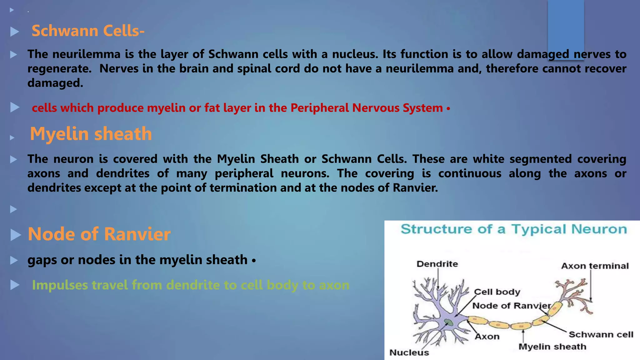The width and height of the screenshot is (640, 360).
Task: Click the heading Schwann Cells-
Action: coord(88,31)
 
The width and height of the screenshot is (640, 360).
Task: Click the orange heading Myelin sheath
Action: coord(91,134)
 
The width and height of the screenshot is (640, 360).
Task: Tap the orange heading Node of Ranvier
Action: coord(99,234)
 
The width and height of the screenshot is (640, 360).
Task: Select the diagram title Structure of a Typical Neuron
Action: coord(514,229)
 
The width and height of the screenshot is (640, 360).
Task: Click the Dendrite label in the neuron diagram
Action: coord(437,264)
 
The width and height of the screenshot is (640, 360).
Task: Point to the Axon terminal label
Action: coord(595,266)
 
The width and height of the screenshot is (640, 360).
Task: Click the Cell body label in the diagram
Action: coord(497,292)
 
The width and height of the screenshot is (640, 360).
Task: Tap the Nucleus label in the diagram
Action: coord(409,352)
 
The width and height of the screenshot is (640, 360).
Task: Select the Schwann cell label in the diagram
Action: coord(601,335)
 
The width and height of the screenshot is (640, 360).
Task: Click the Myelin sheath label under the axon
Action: coord(552,347)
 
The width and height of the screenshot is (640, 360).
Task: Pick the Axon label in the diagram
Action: coord(487,337)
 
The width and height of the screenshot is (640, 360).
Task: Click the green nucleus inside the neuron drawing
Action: coord(449,322)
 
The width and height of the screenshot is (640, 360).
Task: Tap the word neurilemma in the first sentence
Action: coord(86,54)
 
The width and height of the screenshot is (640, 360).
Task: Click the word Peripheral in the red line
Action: coord(319,108)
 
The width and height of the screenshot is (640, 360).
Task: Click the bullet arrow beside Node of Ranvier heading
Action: coord(15,235)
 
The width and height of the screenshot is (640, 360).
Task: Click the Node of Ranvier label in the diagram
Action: coord(511,306)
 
